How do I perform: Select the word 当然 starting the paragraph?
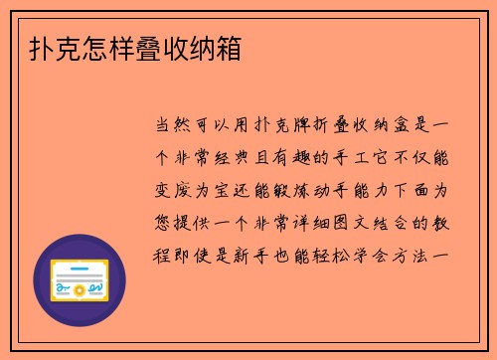(176, 126)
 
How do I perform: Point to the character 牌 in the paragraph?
(295, 126)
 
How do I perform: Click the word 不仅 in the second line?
(425, 158)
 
